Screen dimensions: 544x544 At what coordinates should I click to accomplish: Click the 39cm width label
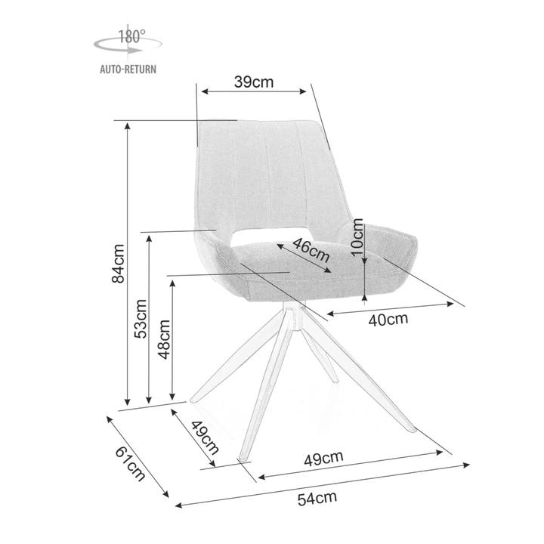[254, 82]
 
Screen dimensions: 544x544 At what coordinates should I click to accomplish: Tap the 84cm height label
[118, 264]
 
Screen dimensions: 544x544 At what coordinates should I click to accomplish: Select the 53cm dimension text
[141, 319]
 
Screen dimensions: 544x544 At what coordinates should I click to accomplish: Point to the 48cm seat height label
[164, 339]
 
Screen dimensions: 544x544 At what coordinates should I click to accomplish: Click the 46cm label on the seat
[311, 250]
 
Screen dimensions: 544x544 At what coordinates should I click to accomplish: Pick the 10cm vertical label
[357, 238]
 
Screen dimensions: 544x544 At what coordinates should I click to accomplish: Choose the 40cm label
[388, 320]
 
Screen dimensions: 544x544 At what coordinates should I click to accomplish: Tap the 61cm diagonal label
[130, 463]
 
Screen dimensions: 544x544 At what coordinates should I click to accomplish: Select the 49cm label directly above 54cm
[323, 459]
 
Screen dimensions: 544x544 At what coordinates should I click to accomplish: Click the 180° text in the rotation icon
[131, 36]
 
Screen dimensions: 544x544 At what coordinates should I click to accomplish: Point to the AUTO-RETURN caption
[128, 69]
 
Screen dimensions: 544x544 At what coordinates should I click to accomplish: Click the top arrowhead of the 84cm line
[128, 125]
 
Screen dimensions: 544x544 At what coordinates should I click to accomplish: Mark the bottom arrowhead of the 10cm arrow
[364, 297]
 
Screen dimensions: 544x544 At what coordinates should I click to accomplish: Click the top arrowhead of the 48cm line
[172, 283]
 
